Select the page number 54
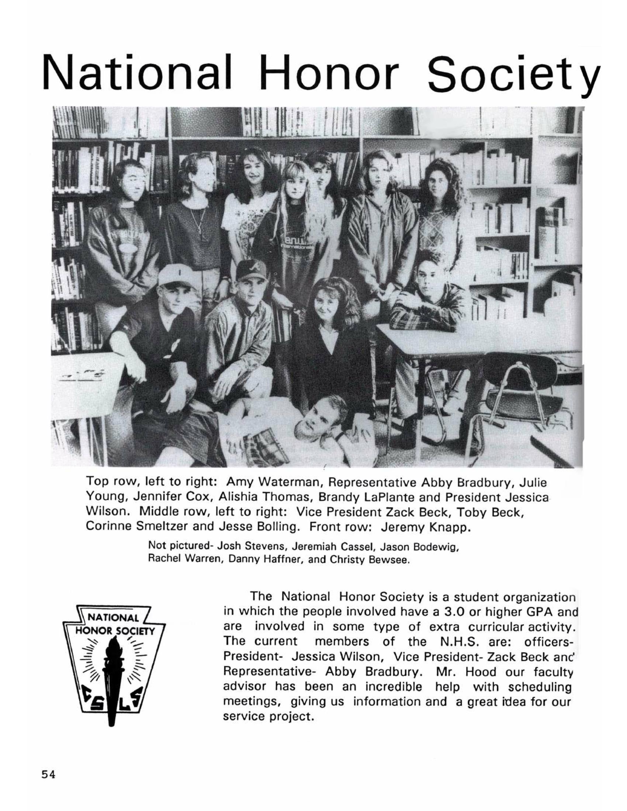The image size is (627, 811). click(x=48, y=773)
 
